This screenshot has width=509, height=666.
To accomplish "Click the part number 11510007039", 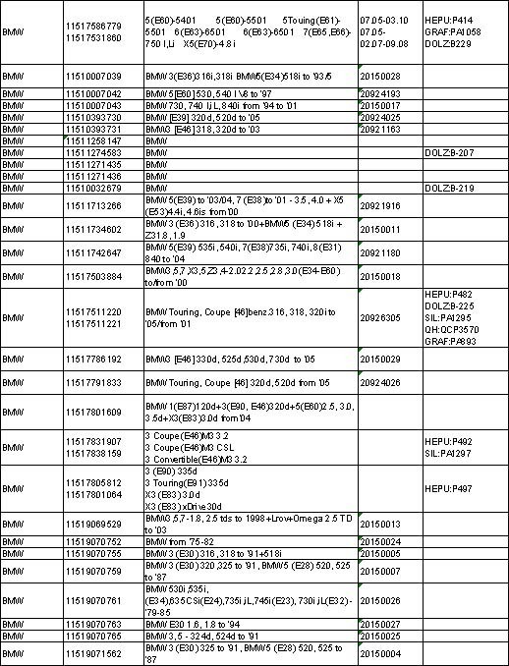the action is [92, 76].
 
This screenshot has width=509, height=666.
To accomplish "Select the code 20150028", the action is [380, 76].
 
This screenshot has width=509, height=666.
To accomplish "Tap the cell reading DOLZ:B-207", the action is [450, 153].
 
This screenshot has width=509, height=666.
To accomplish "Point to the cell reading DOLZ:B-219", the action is [450, 187].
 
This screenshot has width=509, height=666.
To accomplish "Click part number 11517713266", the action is [92, 206].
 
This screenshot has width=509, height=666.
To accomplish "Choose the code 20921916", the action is [380, 206].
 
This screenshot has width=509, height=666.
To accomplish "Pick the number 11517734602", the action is [92, 229].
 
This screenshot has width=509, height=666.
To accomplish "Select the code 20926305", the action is [380, 317].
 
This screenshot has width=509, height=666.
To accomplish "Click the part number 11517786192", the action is [92, 360].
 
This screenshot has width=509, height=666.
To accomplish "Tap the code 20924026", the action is [380, 382].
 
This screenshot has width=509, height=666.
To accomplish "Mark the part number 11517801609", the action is [92, 412].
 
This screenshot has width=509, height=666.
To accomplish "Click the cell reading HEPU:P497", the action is [448, 488].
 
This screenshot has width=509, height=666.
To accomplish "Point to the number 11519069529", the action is [92, 525].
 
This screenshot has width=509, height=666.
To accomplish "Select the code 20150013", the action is [380, 525].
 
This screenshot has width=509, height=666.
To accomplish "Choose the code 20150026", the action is [380, 600].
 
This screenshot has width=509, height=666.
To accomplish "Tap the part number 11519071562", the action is [92, 653].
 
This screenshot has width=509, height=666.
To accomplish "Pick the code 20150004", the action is [380, 653].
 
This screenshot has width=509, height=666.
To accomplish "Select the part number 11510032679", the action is [92, 187].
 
